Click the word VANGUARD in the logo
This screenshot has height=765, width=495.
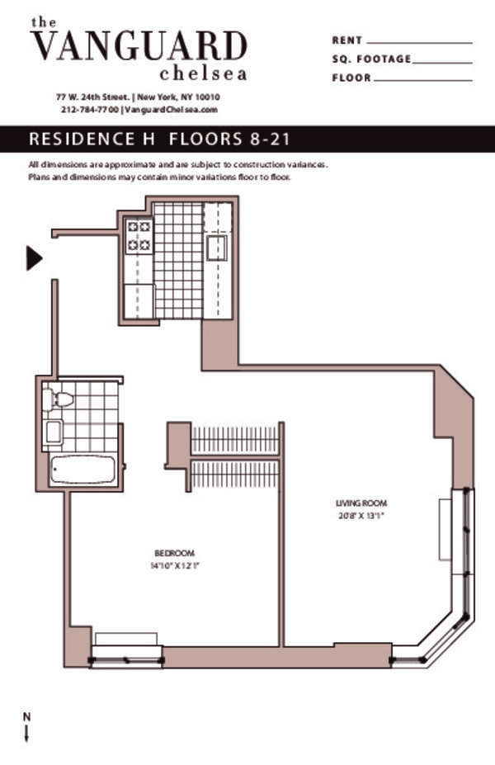(x=139, y=45)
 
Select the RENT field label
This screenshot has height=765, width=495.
(x=346, y=40)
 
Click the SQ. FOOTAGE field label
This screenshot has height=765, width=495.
(x=370, y=59)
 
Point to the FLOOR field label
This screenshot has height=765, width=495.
(x=351, y=78)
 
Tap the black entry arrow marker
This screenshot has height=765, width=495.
(x=34, y=258)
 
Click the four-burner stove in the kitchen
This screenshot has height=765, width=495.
(x=138, y=235)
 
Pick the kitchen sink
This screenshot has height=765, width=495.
(x=217, y=248)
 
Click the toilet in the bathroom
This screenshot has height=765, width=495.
(x=59, y=399)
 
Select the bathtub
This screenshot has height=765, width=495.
(x=82, y=470)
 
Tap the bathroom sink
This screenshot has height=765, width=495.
(x=54, y=432)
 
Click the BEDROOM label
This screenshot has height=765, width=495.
(x=175, y=552)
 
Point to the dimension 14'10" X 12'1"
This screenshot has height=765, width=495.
(x=175, y=566)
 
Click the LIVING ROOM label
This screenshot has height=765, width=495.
(x=361, y=503)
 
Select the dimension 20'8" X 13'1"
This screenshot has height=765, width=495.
(x=361, y=517)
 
